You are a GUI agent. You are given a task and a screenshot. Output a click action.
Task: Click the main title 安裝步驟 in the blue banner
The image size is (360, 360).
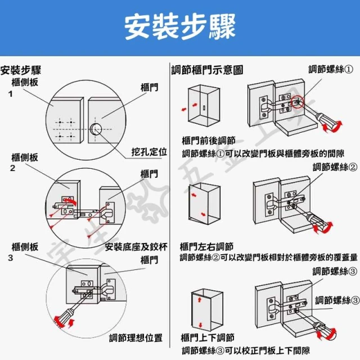179,26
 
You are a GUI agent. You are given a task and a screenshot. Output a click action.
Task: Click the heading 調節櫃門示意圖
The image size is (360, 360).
207,70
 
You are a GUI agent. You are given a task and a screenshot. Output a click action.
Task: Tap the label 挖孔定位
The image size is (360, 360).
148,152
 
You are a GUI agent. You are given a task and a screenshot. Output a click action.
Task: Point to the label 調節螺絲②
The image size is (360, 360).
335,166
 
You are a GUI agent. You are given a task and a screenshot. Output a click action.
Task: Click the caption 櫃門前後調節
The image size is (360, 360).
209,140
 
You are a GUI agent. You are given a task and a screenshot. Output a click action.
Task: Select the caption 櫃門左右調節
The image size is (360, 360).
208,246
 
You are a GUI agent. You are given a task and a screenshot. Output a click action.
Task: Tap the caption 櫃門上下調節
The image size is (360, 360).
208,337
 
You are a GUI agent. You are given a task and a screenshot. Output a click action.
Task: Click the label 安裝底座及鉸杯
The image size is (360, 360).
136,247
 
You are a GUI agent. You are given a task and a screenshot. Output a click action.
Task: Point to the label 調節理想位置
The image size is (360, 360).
136,337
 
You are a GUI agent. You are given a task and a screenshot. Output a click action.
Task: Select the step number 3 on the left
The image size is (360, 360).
11,258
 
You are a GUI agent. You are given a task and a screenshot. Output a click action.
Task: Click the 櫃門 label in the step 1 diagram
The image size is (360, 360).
149,88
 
